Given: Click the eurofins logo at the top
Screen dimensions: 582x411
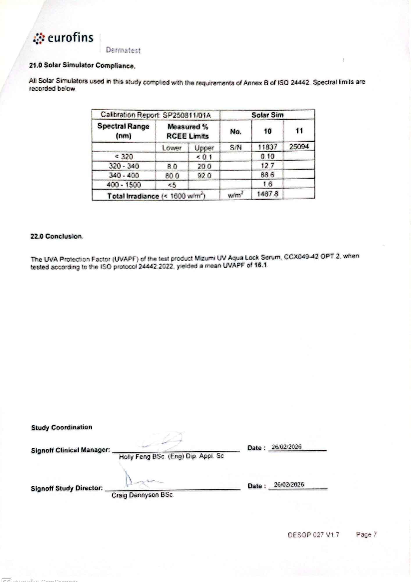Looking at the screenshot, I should [63, 38].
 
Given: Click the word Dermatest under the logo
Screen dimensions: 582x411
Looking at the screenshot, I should [123, 50].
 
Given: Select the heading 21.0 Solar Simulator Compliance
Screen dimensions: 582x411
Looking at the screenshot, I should [82, 65].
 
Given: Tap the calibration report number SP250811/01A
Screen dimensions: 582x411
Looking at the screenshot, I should [186, 115].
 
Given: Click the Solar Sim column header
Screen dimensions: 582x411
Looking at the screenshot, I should [267, 115].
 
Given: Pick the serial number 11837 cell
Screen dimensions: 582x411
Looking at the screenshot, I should [267, 147].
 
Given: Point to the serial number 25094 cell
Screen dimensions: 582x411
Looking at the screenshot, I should [299, 146].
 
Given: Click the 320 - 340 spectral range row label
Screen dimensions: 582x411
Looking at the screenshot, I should [124, 166].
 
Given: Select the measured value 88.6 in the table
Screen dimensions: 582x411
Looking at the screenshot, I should [267, 175].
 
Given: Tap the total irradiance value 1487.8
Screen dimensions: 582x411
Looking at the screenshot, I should [267, 194].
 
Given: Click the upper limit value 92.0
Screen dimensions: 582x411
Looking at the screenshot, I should [204, 176].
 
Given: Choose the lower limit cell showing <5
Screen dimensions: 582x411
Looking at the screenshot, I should [172, 185].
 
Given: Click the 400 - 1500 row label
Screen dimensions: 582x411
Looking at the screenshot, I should [124, 185].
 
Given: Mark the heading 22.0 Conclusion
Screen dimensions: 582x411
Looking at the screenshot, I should [57, 236].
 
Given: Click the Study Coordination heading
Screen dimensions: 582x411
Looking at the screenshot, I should [62, 427].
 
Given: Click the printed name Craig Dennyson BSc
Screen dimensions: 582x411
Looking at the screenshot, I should [142, 495].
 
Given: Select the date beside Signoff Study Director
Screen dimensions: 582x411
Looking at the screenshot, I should [289, 484].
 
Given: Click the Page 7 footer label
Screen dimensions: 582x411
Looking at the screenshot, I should [366, 534].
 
